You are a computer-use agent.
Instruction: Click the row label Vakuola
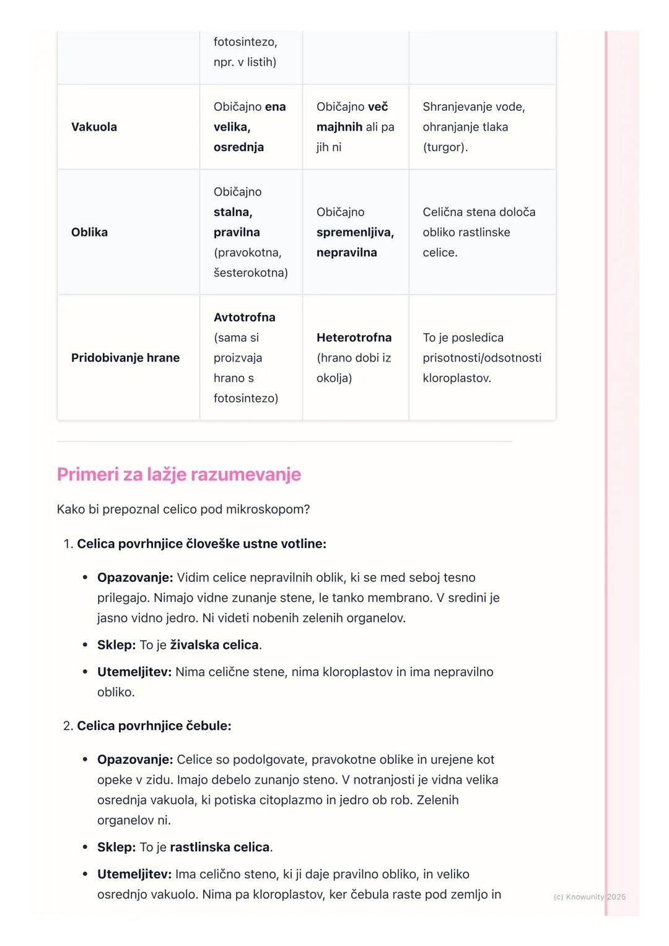[x=94, y=127]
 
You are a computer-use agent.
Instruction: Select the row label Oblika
[x=89, y=232]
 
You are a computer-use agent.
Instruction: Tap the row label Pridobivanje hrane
[x=125, y=358]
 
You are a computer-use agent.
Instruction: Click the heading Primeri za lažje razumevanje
[x=178, y=474]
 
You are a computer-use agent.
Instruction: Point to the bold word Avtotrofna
[x=244, y=318]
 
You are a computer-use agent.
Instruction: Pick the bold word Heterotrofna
[x=354, y=337]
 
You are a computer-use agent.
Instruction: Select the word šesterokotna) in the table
[x=250, y=273]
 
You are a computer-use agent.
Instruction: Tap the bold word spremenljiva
[x=355, y=232]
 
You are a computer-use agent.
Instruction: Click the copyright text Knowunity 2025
[x=589, y=896]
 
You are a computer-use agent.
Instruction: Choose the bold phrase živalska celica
[x=214, y=644]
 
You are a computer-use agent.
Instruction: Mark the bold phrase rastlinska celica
[x=220, y=847]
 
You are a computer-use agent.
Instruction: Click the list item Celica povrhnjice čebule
[x=154, y=726]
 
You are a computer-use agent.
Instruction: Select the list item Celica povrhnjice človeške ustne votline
[x=201, y=544]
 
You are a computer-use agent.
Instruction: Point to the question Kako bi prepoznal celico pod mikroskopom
[x=183, y=510]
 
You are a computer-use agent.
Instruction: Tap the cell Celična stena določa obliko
[x=478, y=232]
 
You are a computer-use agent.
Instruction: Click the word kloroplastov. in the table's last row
[x=457, y=378]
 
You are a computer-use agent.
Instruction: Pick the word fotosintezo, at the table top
[x=245, y=42]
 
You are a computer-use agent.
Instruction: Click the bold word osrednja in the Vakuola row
[x=238, y=147]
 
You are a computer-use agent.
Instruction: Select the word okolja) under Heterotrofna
[x=334, y=378]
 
